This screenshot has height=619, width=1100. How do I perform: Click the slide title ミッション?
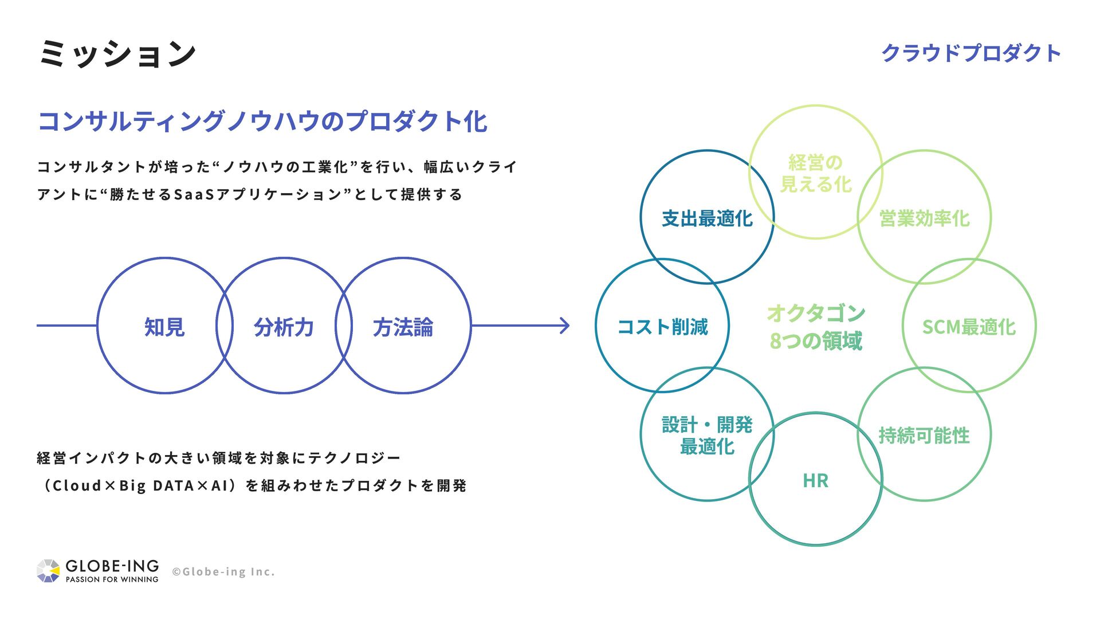pyautogui.click(x=117, y=53)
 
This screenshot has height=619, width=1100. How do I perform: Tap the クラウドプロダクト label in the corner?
pyautogui.click(x=971, y=53)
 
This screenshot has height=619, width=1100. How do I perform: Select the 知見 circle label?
pyautogui.click(x=164, y=327)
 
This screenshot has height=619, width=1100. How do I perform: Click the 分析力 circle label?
pyautogui.click(x=284, y=327)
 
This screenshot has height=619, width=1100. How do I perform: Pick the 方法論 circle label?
pyautogui.click(x=403, y=327)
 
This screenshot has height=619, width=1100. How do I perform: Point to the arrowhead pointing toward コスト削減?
pyautogui.click(x=565, y=326)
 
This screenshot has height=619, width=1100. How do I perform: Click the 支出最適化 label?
pyautogui.click(x=707, y=218)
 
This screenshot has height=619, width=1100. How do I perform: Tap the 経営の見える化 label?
pyautogui.click(x=815, y=173)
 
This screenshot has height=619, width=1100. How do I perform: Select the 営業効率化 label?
pyautogui.click(x=924, y=218)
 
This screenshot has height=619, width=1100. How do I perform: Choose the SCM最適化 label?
pyautogui.click(x=969, y=327)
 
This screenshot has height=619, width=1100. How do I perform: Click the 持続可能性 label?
pyautogui.click(x=924, y=435)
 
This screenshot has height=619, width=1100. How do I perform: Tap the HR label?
pyautogui.click(x=815, y=480)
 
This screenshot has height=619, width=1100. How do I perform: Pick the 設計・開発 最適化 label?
pyautogui.click(x=707, y=435)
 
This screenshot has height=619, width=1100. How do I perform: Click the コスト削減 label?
pyautogui.click(x=662, y=327)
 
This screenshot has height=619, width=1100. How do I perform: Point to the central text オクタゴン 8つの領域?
pyautogui.click(x=815, y=327)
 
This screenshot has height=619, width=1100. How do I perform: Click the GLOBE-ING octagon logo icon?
pyautogui.click(x=48, y=571)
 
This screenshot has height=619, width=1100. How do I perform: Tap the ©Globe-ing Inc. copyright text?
pyautogui.click(x=223, y=571)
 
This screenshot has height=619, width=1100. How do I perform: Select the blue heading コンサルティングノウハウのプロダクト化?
pyautogui.click(x=262, y=122)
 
